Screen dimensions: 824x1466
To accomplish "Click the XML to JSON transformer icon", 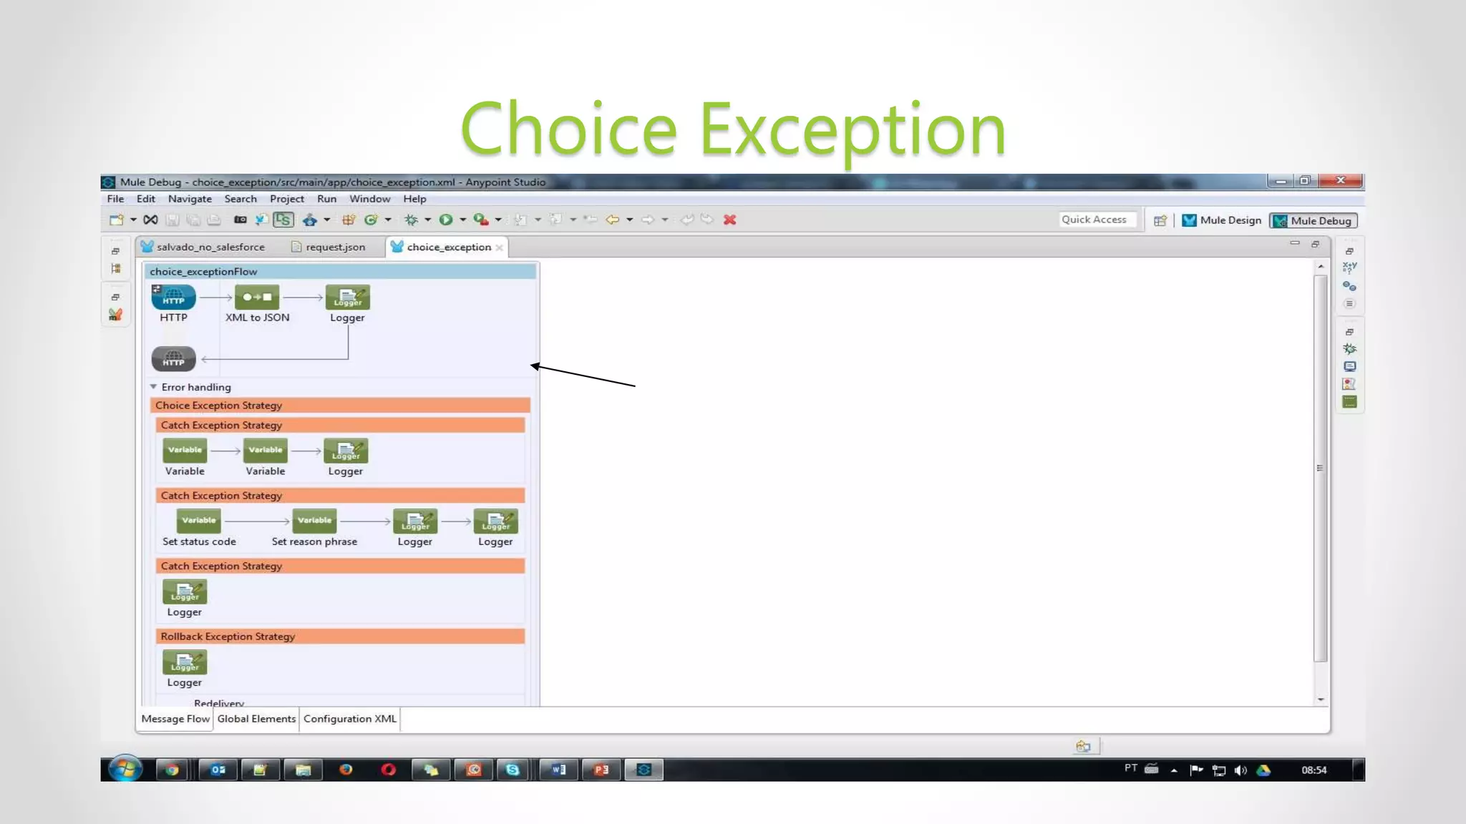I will point(257,298).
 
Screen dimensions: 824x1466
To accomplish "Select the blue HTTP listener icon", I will point(173,298).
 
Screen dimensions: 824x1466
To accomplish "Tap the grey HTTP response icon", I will point(173,359).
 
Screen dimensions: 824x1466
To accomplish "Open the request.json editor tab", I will point(334,247).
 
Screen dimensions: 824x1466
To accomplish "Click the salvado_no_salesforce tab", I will point(210,247).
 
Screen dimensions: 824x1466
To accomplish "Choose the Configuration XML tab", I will point(349,719).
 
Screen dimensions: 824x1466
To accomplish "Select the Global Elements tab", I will point(256,719).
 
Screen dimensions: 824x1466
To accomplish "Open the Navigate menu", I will point(190,199).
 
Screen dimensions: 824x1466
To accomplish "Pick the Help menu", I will point(414,199).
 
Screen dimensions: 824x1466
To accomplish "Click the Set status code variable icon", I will point(198,521).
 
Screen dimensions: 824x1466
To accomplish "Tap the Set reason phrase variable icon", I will point(314,521).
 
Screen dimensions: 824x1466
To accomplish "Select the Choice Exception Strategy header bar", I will point(339,406).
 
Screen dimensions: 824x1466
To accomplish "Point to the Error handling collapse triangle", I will point(153,387).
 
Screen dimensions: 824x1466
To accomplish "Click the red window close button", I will point(1341,180).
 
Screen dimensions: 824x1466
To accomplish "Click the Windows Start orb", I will point(125,770).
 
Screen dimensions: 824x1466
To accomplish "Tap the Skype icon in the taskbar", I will point(513,770).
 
